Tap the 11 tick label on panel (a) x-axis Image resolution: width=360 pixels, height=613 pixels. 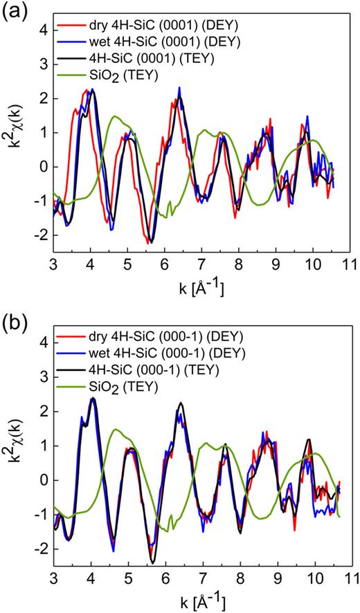pyautogui.click(x=350, y=264)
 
